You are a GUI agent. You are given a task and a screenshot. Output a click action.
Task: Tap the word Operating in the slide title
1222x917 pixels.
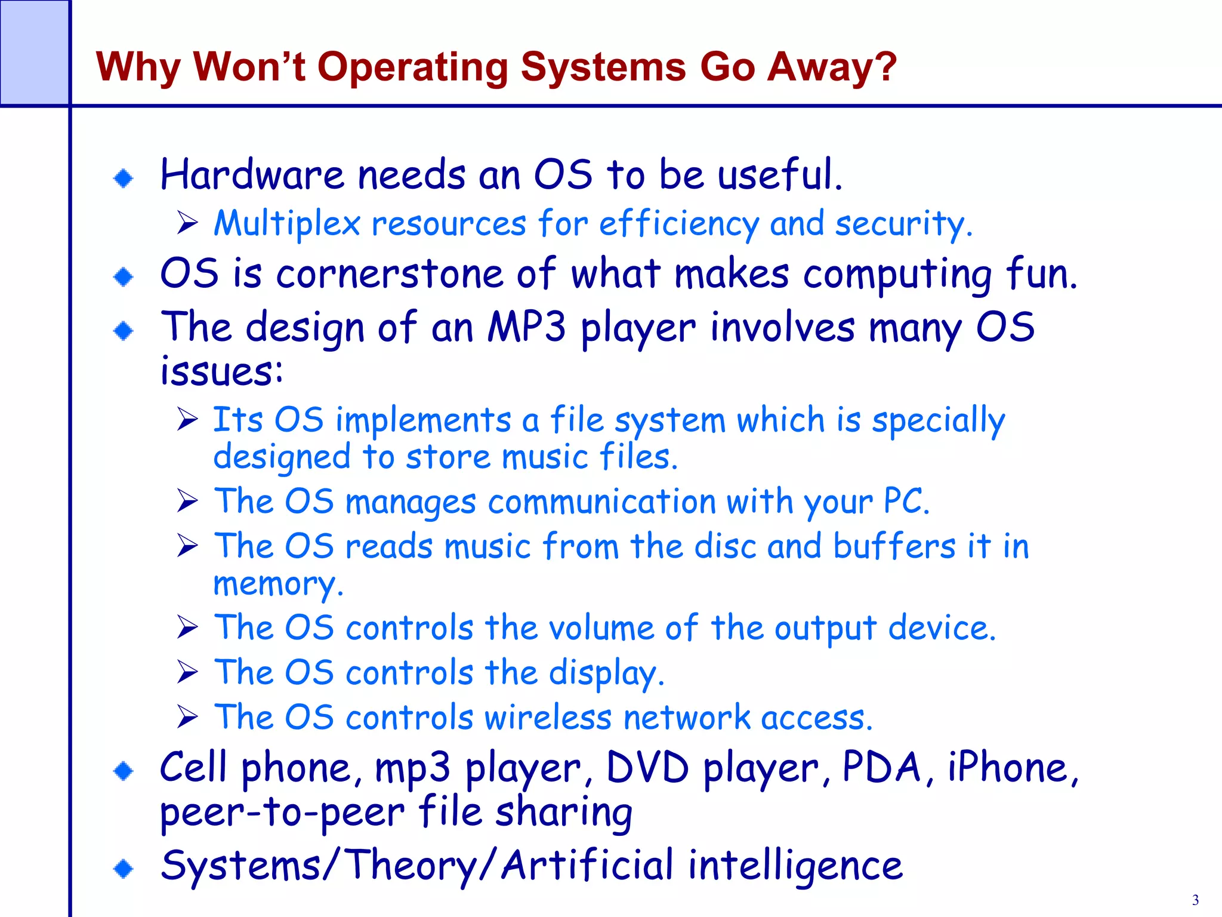point(412,67)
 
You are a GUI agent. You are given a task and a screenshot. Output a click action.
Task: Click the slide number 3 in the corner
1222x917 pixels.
point(1195,900)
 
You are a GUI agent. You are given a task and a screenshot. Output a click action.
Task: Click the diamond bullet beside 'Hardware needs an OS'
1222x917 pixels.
point(124,178)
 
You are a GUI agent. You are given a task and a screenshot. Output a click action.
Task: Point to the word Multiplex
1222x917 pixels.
point(287,224)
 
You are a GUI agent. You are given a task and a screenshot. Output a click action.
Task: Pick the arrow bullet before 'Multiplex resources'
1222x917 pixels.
point(187,224)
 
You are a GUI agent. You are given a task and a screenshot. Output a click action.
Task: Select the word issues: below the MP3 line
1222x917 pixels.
point(221,371)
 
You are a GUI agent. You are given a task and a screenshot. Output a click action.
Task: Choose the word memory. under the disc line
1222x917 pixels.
point(278,584)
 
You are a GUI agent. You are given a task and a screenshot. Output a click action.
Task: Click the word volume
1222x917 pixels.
point(600,628)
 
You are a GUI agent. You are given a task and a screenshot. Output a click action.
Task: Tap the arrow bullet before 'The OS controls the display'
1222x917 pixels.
point(187,672)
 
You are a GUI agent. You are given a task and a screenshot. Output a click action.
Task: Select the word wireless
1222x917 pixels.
point(548,717)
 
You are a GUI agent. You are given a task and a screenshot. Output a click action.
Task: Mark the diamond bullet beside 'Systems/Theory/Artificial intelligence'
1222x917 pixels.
point(124,868)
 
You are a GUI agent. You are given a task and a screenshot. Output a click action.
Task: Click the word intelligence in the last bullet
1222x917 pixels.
point(795,866)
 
